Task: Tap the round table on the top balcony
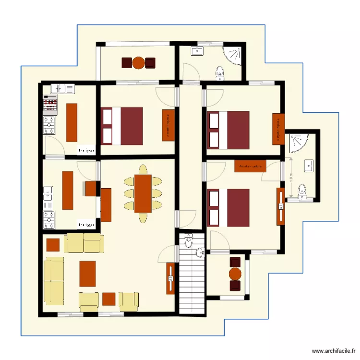coord(138,62)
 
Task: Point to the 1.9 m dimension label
coord(291,178)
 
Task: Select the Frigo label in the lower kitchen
coord(86,224)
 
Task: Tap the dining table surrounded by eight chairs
coord(143,193)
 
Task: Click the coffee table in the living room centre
coord(87,273)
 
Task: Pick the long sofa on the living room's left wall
coord(54,280)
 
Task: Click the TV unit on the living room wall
coord(170,278)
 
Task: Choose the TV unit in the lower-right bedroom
coord(280,206)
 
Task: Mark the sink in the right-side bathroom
coord(309,166)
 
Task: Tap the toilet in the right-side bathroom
coord(302,190)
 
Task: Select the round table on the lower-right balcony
coord(235,274)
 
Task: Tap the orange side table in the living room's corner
coord(53,245)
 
